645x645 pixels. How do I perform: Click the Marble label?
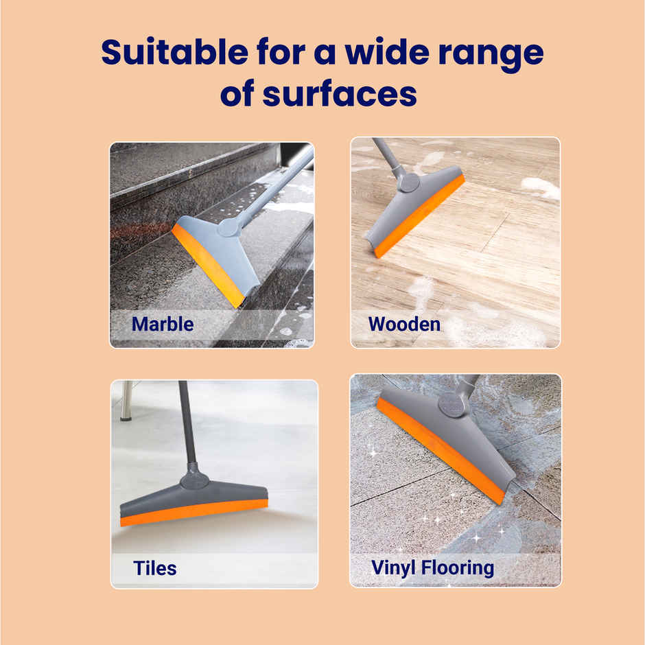163,323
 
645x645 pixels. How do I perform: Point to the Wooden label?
404,323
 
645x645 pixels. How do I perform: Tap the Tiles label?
154,568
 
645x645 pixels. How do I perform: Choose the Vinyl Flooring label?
432,568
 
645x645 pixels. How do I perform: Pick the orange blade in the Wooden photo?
419,216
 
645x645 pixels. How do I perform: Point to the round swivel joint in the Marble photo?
228,226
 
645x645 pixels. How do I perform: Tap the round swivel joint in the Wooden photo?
410,183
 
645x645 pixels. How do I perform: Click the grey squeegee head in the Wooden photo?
405,206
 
